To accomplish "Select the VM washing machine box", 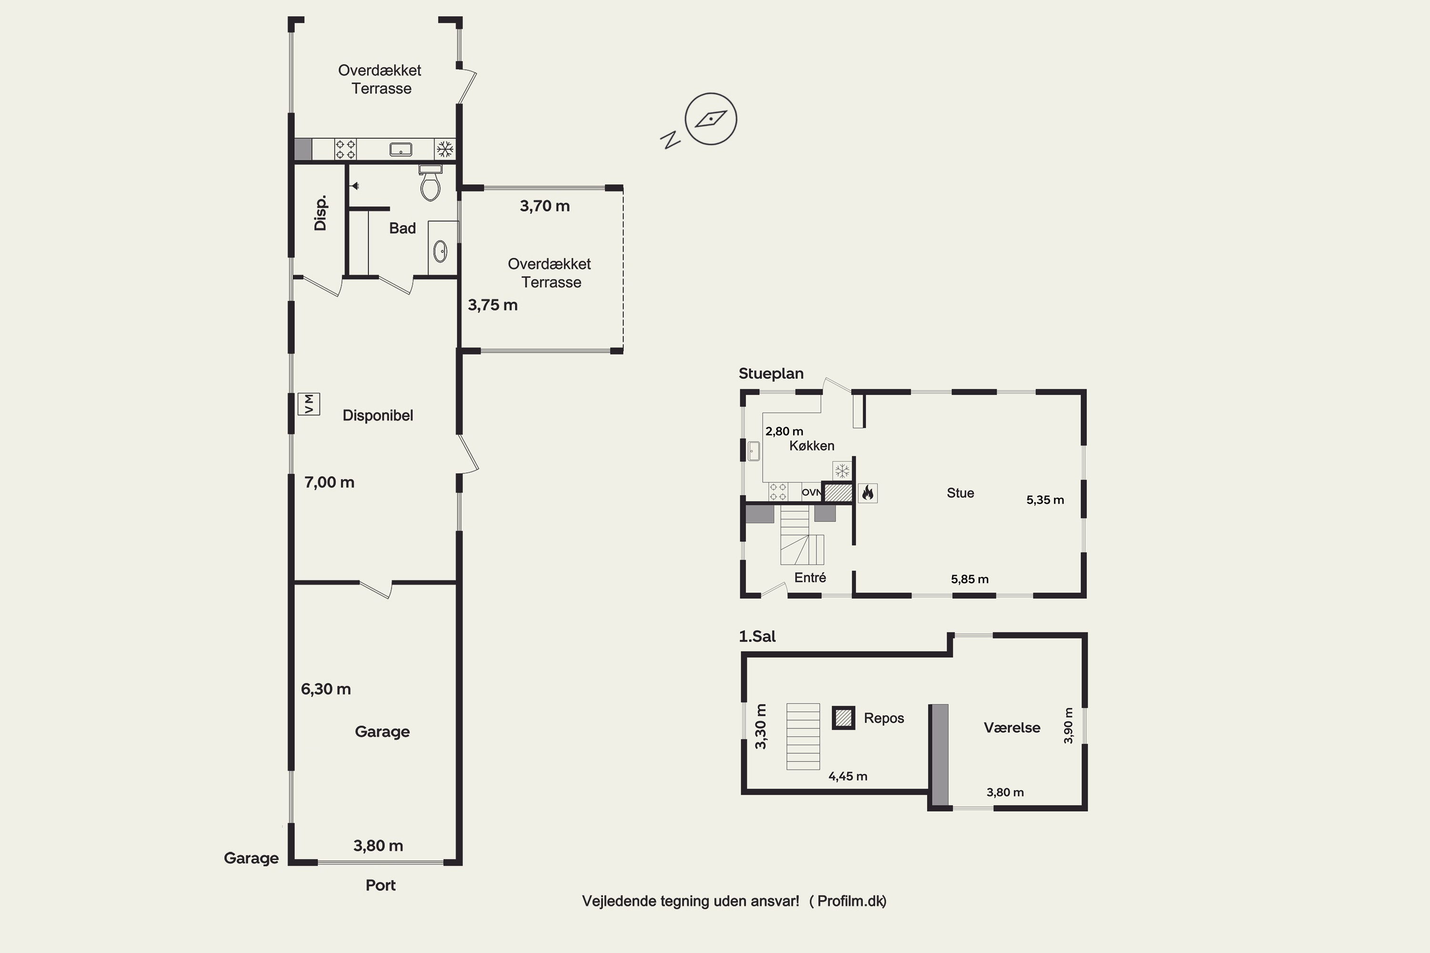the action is click(x=309, y=404).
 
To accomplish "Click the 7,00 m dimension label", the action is click(x=329, y=483).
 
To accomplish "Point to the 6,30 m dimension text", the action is click(x=326, y=689).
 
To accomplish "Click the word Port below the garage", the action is click(x=380, y=885).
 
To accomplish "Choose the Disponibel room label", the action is click(x=378, y=416).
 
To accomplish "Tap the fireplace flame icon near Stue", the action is click(x=868, y=492).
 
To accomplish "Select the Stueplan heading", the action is click(x=771, y=374).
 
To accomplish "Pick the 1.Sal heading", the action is click(x=757, y=636).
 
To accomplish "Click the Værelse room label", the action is click(x=1011, y=728).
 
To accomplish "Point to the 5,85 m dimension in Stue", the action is click(x=970, y=580).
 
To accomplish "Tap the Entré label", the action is click(x=810, y=578).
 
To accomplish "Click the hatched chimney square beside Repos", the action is click(x=843, y=718).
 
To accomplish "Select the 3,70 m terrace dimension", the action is click(x=545, y=206).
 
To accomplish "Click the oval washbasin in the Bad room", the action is click(x=440, y=251).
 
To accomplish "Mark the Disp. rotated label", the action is click(x=320, y=213).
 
